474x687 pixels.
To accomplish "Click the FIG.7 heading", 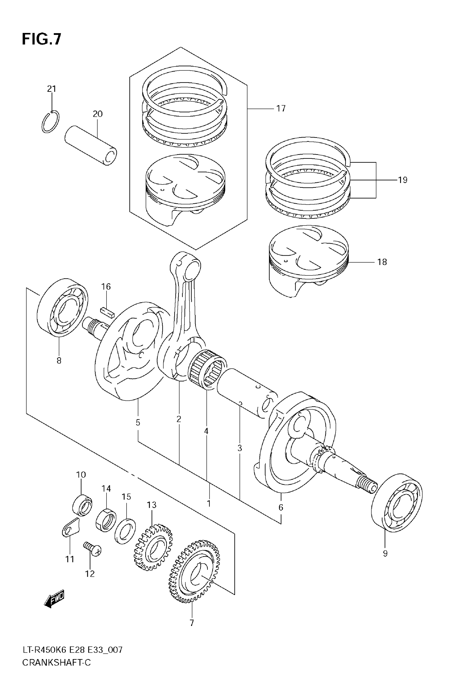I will coord(42,39).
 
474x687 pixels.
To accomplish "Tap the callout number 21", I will coord(51,89).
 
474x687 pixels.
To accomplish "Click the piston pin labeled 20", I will coord(91,145).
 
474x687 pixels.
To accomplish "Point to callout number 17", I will coord(281,109).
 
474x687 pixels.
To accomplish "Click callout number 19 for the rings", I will coord(402,180).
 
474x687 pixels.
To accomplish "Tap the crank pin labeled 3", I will coord(246,392).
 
